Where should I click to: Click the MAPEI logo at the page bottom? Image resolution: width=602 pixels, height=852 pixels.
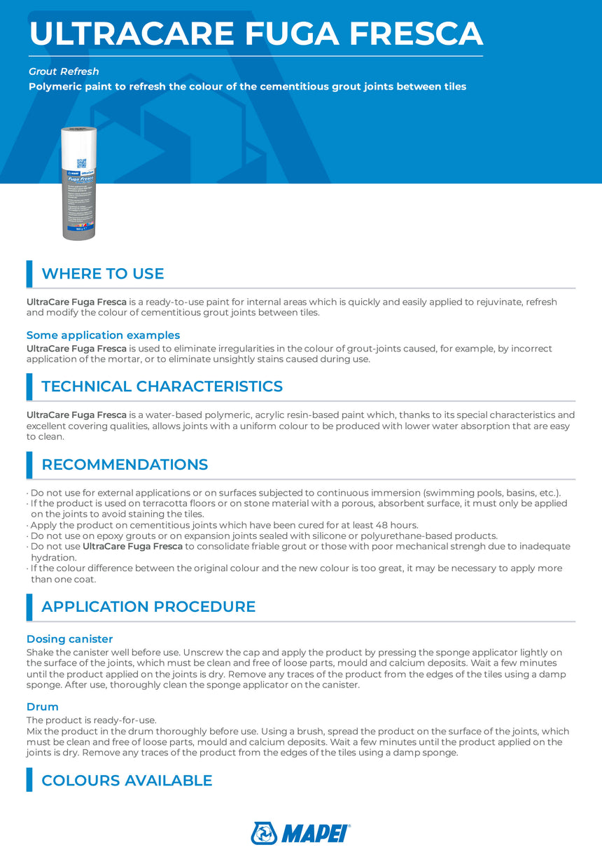click(300, 833)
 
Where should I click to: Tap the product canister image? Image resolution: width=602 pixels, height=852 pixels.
click(80, 184)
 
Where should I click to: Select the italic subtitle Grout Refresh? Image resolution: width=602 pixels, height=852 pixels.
click(64, 71)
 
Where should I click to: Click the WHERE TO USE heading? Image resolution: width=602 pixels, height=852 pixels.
click(102, 274)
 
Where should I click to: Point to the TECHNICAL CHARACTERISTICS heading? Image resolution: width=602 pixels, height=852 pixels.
click(162, 386)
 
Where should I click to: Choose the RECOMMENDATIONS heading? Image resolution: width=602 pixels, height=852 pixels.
click(125, 465)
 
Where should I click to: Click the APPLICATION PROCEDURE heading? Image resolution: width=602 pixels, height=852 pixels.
click(148, 607)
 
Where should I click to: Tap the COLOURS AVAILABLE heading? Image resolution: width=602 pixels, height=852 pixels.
click(127, 781)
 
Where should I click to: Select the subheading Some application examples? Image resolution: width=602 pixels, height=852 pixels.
click(103, 335)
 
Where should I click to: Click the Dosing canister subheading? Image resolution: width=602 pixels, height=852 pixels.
click(69, 639)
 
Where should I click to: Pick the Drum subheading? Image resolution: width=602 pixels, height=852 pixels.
click(42, 707)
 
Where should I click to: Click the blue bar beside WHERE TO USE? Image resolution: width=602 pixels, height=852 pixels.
click(29, 274)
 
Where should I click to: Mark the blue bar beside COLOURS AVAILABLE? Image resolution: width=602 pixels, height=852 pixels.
click(29, 780)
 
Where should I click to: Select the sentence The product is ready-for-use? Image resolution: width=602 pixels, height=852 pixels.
click(91, 720)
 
